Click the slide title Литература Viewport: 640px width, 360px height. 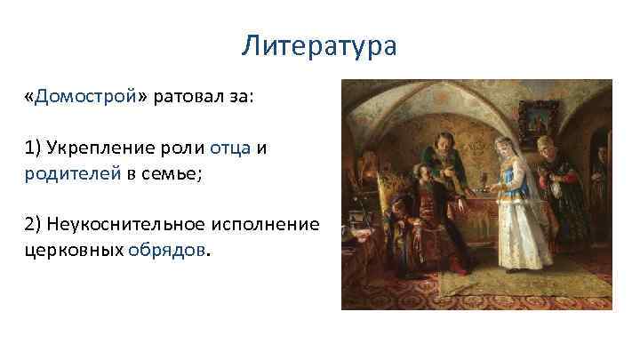tap(319, 45)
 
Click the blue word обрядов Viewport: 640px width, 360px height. tap(166, 250)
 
